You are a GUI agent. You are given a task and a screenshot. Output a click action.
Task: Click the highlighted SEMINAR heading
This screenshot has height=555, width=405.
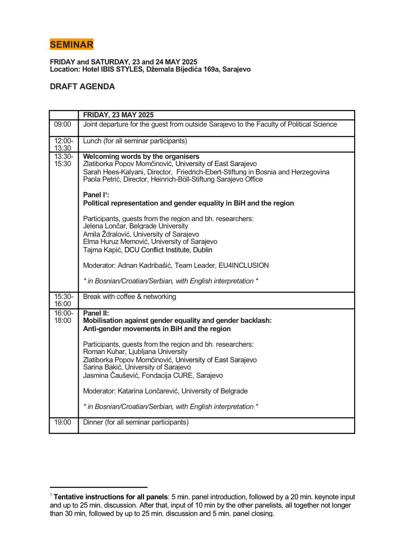click(72, 44)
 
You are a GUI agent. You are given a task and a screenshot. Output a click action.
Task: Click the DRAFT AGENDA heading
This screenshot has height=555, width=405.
click(82, 86)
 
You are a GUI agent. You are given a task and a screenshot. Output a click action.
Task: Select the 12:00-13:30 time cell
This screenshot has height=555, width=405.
click(63, 144)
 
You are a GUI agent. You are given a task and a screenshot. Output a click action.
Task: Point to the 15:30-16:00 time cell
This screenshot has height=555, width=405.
click(63, 300)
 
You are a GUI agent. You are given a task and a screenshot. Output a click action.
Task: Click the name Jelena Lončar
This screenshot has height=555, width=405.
click(104, 226)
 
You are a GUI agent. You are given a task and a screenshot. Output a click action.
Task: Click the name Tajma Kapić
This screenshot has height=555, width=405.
click(102, 250)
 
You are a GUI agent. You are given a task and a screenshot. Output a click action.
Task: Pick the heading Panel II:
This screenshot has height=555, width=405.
click(96, 313)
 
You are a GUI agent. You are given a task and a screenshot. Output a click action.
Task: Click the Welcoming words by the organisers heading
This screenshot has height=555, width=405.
click(141, 156)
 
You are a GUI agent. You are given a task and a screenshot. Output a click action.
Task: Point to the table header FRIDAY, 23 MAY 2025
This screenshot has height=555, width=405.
click(118, 115)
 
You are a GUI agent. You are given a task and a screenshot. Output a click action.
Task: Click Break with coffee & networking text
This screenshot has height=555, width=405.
click(130, 296)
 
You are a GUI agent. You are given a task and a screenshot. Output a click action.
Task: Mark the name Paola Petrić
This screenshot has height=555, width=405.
click(102, 179)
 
